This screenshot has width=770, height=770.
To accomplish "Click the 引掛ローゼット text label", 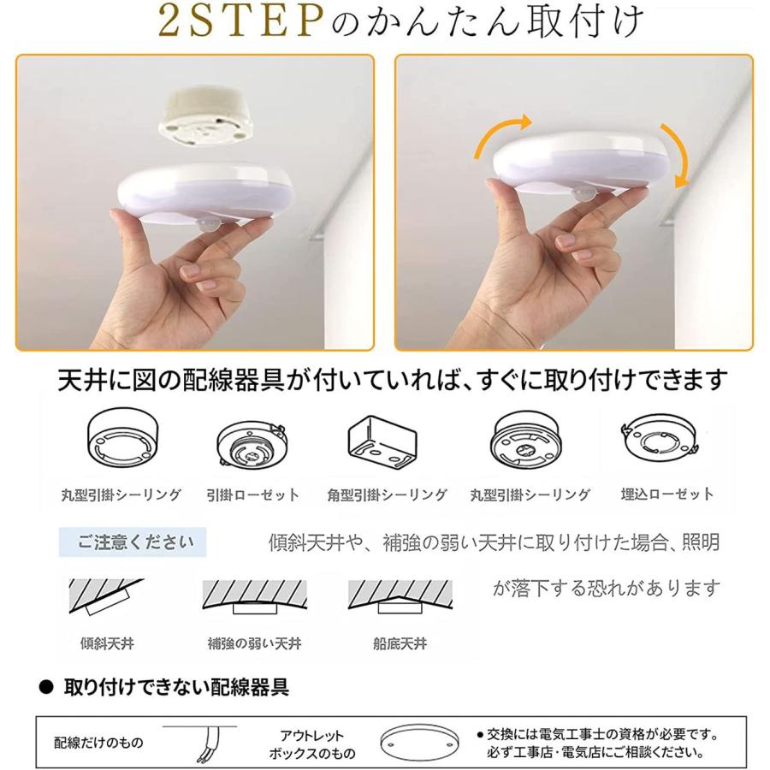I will coord(253,495).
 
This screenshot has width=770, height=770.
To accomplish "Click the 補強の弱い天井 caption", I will coord(254,643).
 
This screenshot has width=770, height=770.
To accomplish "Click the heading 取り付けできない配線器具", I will coord(175,687).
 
